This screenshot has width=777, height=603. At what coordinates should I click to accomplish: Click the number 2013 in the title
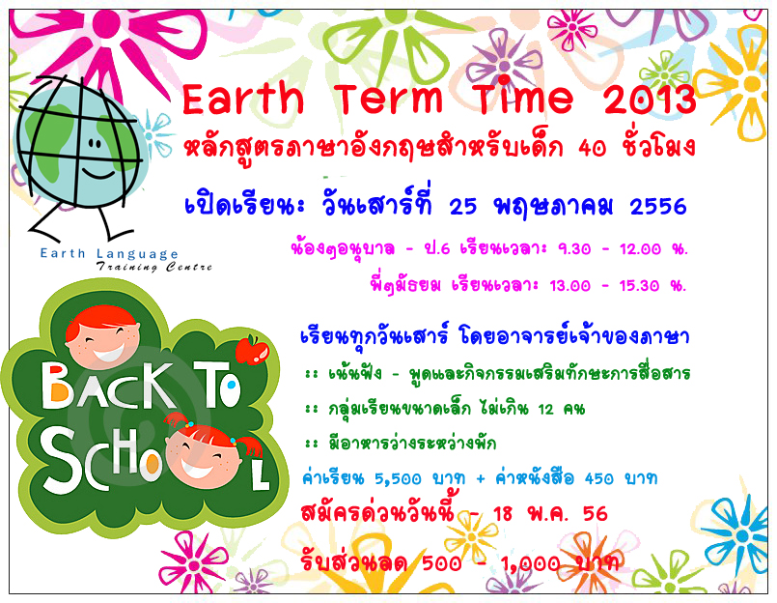pyautogui.click(x=650, y=100)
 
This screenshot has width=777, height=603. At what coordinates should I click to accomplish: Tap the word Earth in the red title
pyautogui.click(x=243, y=99)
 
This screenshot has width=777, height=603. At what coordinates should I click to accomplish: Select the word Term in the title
pyautogui.click(x=388, y=99)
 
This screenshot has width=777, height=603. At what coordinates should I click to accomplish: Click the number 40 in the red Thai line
pyautogui.click(x=593, y=149)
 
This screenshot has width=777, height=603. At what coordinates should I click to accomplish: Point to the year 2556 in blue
pyautogui.click(x=658, y=207)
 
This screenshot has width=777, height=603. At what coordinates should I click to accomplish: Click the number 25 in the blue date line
pyautogui.click(x=463, y=207)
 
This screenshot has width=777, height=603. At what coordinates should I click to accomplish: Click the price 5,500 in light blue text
pyautogui.click(x=398, y=479)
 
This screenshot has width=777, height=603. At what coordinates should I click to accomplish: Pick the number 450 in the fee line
pyautogui.click(x=598, y=478)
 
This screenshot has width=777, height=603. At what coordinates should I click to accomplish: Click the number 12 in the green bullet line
pyautogui.click(x=545, y=410)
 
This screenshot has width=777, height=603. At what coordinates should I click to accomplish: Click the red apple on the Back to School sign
pyautogui.click(x=252, y=350)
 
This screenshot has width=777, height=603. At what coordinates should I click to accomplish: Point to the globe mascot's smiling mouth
pyautogui.click(x=98, y=174)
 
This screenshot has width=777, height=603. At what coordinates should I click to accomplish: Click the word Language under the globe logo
pyautogui.click(x=137, y=254)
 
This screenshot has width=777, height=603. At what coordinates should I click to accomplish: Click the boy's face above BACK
pyautogui.click(x=103, y=343)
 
